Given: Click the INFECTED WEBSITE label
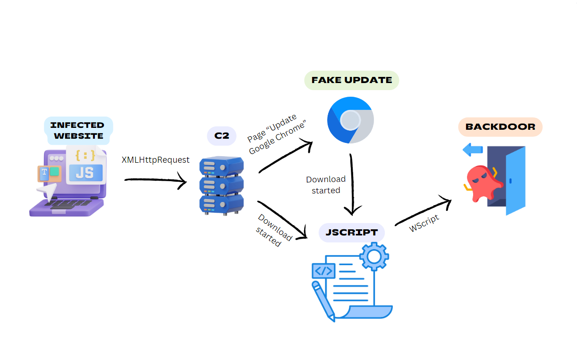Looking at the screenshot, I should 77,130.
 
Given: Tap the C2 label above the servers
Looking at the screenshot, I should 221,136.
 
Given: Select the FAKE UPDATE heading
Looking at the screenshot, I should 352,80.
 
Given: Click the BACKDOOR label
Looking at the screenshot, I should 500,126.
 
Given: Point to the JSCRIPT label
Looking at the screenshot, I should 351,232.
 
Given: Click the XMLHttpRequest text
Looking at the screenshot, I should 155,159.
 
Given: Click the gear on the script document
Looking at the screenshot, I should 373,256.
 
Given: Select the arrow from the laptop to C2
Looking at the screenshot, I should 156,180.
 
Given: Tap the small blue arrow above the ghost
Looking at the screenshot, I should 473,151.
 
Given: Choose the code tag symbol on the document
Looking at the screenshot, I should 323,271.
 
